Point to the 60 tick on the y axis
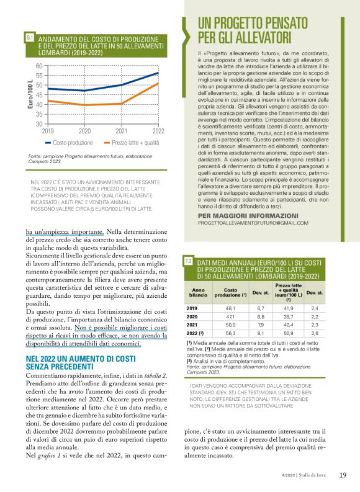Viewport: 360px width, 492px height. [39, 66]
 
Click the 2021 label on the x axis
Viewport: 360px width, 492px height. [122, 131]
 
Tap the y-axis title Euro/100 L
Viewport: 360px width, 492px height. [30, 94]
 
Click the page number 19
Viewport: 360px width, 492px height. [343, 475]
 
